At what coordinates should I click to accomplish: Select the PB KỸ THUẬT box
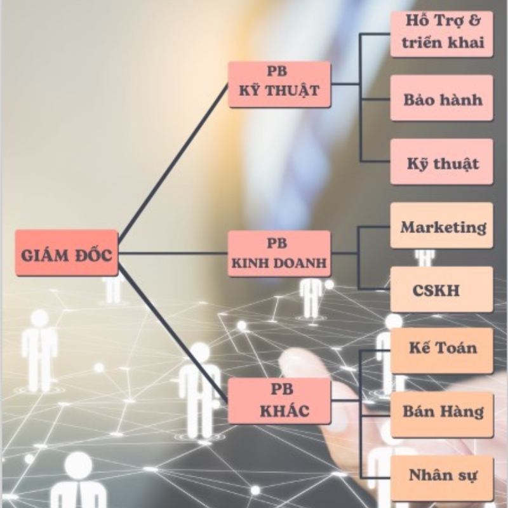pyautogui.click(x=279, y=84)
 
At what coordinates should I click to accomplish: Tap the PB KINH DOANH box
pyautogui.click(x=279, y=253)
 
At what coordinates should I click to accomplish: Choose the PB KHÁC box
pyautogui.click(x=279, y=401)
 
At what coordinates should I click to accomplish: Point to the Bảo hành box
pyautogui.click(x=442, y=98)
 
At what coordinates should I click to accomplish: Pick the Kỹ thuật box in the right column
pyautogui.click(x=442, y=163)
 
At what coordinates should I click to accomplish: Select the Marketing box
pyautogui.click(x=442, y=226)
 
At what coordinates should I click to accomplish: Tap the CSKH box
pyautogui.click(x=442, y=290)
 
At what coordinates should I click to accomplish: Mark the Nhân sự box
pyautogui.click(x=442, y=474)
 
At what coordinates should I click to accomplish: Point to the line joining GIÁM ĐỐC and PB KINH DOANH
pyautogui.click(x=173, y=253)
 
